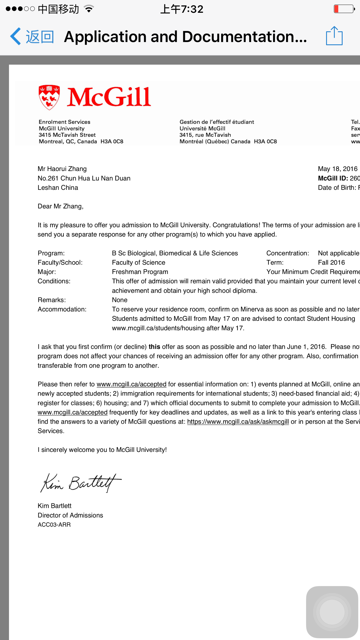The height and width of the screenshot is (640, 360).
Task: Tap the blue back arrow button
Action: point(16,37)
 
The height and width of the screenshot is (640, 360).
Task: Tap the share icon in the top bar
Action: point(334,36)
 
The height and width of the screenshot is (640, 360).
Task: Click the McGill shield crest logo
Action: point(49,97)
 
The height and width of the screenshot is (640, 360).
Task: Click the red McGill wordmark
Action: point(109,97)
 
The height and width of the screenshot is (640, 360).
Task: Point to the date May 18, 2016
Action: point(337,169)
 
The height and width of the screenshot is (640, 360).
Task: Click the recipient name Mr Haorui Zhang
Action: point(62,169)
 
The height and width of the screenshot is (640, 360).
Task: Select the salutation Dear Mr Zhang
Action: point(60,206)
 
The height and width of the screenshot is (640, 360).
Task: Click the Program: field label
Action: point(51,253)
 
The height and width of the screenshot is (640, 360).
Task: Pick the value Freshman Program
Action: point(140,272)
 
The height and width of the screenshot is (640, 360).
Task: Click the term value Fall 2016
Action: point(331,263)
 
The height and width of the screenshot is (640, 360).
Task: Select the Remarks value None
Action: point(120,300)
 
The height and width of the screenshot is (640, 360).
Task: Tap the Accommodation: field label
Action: point(62,309)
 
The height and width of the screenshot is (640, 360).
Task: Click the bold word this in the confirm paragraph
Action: point(154,347)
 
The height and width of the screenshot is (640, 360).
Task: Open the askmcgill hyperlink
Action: point(238,422)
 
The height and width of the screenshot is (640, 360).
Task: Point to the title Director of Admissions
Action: point(70,515)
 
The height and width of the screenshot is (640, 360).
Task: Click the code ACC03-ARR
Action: point(54,525)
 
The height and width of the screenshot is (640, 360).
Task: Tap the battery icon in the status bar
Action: point(344,9)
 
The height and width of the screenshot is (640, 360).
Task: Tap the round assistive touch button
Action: point(332,612)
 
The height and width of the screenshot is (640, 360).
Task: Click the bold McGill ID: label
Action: point(333,178)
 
